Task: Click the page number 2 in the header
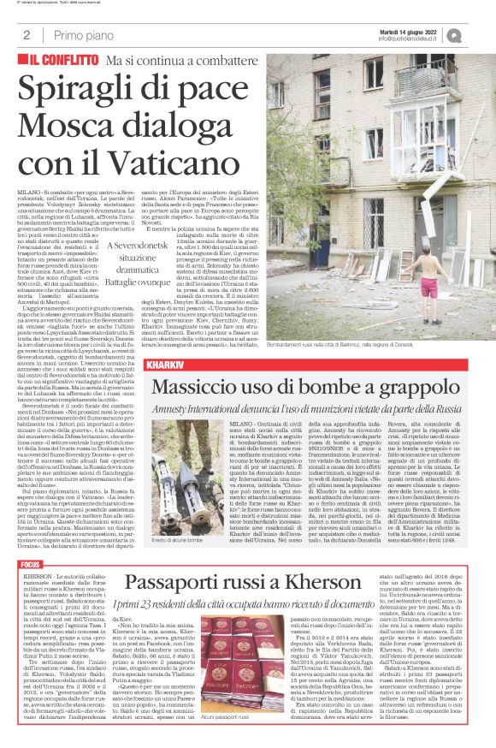pyautogui.click(x=27, y=35)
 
